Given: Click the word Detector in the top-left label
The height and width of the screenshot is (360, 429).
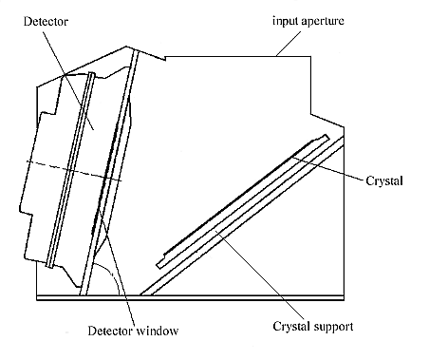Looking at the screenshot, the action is click(x=46, y=22).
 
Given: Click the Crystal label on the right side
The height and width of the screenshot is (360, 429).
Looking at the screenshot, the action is click(x=384, y=181).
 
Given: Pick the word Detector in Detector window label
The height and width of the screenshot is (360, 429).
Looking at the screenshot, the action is click(x=110, y=331).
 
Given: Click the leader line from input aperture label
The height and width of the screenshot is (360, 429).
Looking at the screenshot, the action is click(x=289, y=44).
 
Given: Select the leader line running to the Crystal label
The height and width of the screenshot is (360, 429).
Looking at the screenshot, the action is click(x=328, y=168).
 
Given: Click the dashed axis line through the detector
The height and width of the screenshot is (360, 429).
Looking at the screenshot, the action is click(x=74, y=171).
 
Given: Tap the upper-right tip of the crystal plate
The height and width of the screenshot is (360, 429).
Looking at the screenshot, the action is click(x=327, y=137).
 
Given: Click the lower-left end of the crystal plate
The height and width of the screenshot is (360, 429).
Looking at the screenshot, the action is click(x=159, y=266).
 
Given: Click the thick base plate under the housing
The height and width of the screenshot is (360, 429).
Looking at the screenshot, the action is click(x=191, y=297).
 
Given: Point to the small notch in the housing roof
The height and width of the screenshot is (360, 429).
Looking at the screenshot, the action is click(x=165, y=58).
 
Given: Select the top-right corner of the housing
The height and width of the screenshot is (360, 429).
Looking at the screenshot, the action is click(x=310, y=57).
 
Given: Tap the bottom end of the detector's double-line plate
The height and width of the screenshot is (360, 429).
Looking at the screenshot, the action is click(x=49, y=267).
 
